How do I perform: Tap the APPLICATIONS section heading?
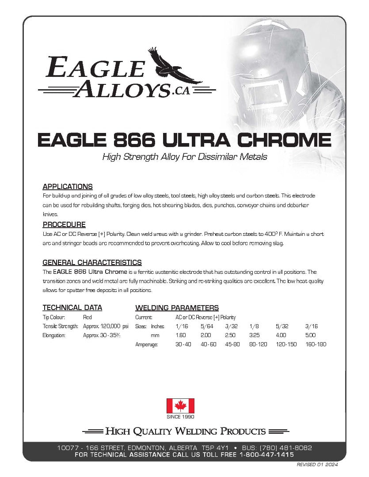(x=67, y=186)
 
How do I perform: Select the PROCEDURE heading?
(x=64, y=224)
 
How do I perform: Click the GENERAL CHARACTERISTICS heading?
(x=92, y=262)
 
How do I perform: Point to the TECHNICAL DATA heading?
(x=72, y=307)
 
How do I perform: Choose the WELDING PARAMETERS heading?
(x=177, y=308)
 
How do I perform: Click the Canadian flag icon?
(x=180, y=406)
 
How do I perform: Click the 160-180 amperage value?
(x=316, y=344)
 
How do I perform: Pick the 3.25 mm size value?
(x=254, y=335)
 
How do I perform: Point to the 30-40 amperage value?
(x=183, y=344)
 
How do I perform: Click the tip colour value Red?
(x=87, y=317)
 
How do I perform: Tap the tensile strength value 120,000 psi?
(x=106, y=326)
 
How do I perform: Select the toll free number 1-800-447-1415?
(x=266, y=454)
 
